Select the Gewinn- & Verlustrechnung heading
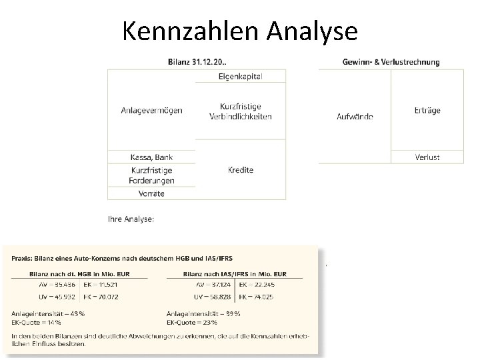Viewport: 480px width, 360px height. tap(391, 62)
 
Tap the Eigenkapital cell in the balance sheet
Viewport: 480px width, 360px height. tap(241, 76)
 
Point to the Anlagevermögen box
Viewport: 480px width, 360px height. tap(151, 110)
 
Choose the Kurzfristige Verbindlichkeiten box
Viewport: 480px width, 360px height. tap(241, 111)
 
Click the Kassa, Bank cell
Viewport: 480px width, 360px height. tap(151, 157)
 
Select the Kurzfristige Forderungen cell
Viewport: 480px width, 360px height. tap(151, 175)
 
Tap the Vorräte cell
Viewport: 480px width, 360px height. tap(151, 193)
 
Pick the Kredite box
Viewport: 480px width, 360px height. tap(241, 170)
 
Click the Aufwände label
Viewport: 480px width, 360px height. tap(355, 117)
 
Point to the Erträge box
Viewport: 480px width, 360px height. tap(427, 110)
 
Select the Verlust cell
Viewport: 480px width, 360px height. tap(427, 157)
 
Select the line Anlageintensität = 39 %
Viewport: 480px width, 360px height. tap(203, 313)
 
